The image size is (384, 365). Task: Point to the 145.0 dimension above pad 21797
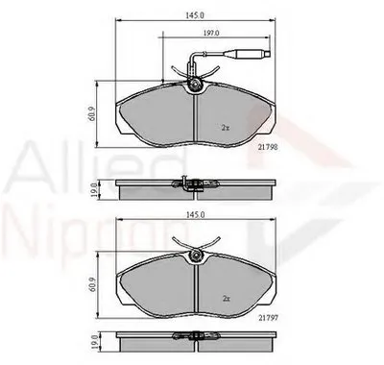click(x=198, y=216)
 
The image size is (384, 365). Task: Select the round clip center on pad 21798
click(x=196, y=88)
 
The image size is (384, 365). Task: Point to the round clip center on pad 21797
click(x=196, y=255)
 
